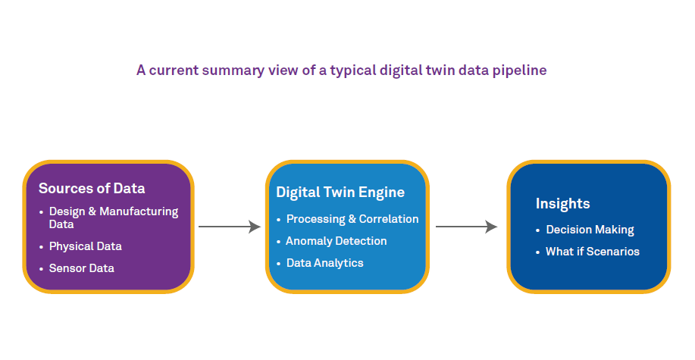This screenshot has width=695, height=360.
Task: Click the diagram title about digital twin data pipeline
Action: [341, 70]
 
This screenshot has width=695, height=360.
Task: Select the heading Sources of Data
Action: [92, 189]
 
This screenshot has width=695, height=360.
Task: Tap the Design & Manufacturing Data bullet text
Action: [114, 218]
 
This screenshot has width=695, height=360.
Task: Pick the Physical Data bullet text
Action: [85, 246]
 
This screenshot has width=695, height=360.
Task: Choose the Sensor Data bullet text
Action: [82, 268]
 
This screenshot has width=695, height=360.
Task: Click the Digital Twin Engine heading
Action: [340, 193]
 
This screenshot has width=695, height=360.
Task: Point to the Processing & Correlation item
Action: [352, 219]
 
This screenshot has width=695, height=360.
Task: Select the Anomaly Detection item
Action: [336, 241]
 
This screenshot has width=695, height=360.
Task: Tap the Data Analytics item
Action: [324, 263]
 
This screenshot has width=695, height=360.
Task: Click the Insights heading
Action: [562, 204]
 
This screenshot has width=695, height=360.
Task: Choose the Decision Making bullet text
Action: [590, 230]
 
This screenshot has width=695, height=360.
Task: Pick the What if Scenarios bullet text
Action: [593, 252]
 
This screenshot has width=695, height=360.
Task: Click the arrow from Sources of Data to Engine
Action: [229, 227]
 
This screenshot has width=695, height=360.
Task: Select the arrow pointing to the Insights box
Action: [466, 227]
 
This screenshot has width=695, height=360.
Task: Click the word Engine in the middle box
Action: [384, 193]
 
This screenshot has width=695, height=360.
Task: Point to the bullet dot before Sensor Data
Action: [41, 269]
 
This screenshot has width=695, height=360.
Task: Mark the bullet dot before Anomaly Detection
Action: [278, 242]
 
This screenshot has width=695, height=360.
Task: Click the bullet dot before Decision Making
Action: [538, 230]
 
